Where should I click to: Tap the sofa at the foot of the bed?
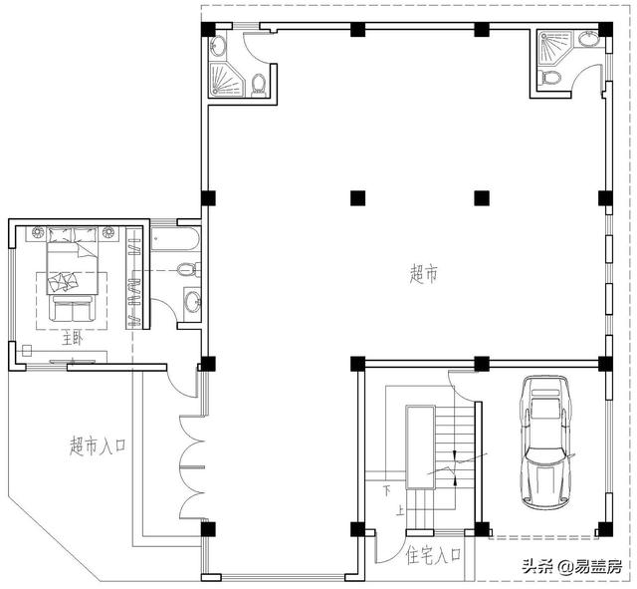click(x=73, y=309)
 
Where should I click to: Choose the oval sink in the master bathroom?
click(x=192, y=302)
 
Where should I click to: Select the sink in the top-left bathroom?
click(x=220, y=44)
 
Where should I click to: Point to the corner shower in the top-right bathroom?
click(x=553, y=46)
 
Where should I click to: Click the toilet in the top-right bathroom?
click(x=551, y=77)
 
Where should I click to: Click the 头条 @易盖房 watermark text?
click(x=564, y=566)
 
